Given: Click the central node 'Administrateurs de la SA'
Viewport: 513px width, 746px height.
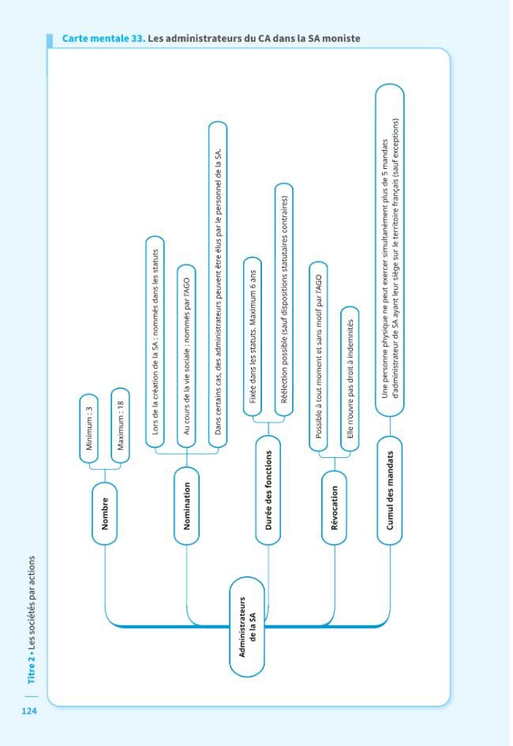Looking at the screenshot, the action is click(x=247, y=627).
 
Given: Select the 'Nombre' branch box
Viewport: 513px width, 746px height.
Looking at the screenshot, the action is click(x=105, y=513).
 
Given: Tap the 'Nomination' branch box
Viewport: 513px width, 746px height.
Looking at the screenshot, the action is click(x=186, y=506).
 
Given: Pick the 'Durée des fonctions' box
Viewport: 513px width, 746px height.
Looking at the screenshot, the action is click(x=268, y=490).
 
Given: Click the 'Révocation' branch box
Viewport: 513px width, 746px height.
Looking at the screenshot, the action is click(x=334, y=508).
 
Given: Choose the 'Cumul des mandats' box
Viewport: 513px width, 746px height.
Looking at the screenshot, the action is click(x=390, y=490).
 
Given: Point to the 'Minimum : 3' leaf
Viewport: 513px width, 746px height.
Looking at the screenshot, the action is click(x=89, y=428).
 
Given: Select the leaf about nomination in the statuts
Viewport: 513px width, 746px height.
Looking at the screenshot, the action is click(x=155, y=342).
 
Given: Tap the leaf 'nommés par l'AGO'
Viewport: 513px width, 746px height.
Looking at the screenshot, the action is click(x=186, y=356).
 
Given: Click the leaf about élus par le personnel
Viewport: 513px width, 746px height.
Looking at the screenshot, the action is click(x=218, y=284).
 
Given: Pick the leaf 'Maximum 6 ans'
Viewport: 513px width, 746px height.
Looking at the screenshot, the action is click(x=252, y=337).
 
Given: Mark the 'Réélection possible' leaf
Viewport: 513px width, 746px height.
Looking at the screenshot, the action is click(x=284, y=300).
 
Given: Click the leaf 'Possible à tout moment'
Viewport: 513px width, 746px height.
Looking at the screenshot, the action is click(x=319, y=356).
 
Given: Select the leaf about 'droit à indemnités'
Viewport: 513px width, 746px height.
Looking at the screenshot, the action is click(x=350, y=379).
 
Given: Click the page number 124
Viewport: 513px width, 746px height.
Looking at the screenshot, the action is click(x=29, y=710).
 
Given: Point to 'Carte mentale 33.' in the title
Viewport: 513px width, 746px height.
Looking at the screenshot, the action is click(x=103, y=39).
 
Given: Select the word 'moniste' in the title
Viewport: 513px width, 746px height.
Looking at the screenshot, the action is click(x=341, y=39).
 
